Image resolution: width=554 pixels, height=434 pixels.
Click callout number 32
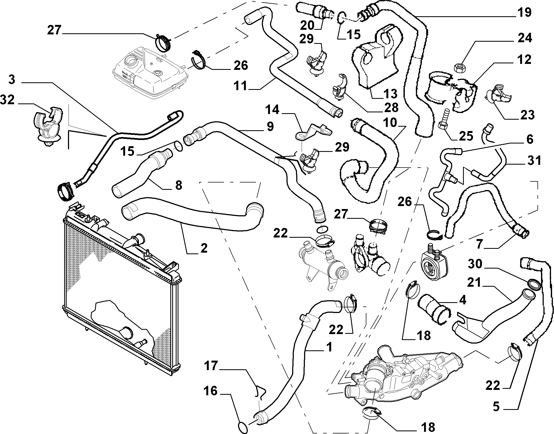tap(8, 100)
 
